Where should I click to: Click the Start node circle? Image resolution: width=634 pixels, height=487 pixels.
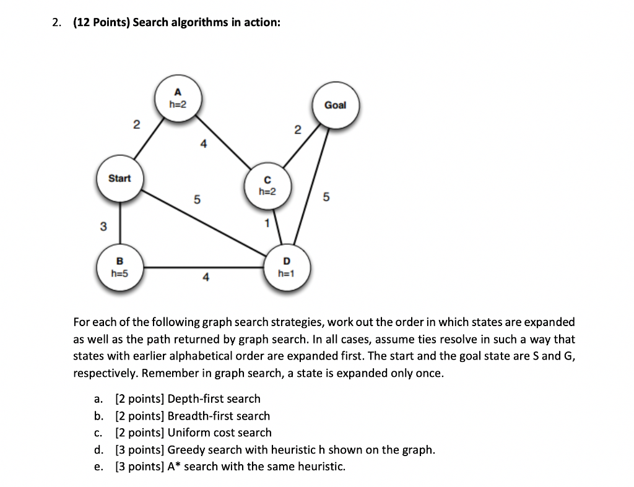pyautogui.click(x=119, y=179)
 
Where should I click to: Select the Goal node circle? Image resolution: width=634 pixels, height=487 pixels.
pyautogui.click(x=335, y=106)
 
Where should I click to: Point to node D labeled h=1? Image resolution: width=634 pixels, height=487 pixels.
pyautogui.click(x=285, y=267)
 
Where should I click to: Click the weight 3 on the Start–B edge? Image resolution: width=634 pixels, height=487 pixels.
pyautogui.click(x=103, y=226)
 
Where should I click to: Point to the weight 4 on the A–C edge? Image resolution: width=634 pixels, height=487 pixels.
pyautogui.click(x=202, y=144)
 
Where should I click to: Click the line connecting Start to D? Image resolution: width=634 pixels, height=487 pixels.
pyautogui.click(x=204, y=222)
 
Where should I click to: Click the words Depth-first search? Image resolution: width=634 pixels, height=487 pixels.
pyautogui.click(x=214, y=399)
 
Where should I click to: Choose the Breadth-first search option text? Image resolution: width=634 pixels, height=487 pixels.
pyautogui.click(x=219, y=416)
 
